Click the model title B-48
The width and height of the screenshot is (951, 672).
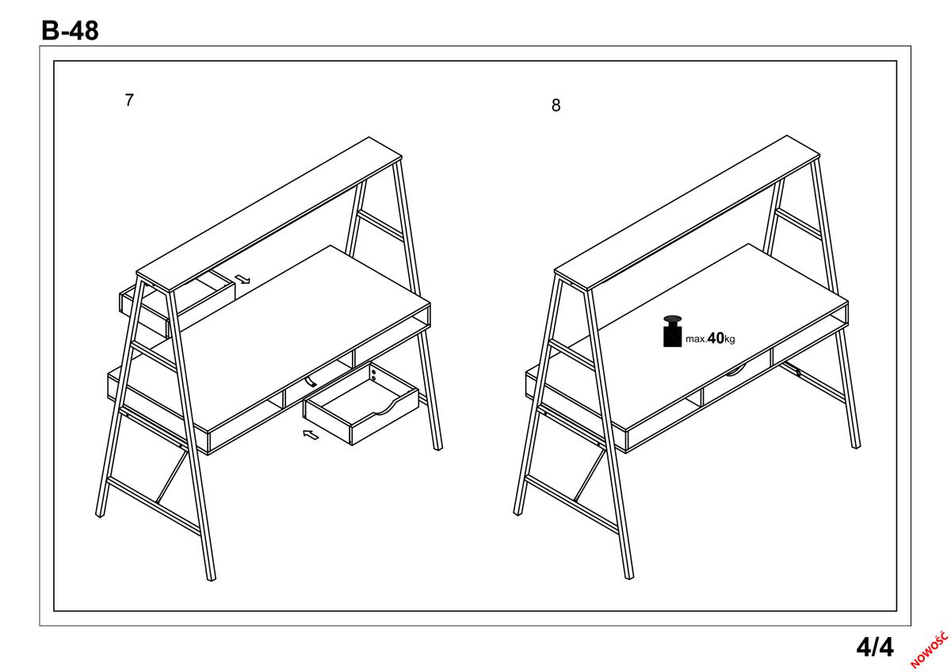[70, 31]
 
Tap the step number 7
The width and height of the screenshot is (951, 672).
[129, 100]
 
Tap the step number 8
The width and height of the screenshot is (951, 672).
[556, 105]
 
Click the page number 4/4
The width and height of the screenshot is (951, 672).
[875, 647]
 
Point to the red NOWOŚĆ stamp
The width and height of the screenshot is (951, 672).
[930, 650]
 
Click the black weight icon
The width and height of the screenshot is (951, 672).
[673, 331]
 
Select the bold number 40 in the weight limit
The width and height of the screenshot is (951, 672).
[716, 338]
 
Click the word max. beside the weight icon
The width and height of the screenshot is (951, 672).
[696, 339]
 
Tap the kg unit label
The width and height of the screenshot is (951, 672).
[730, 339]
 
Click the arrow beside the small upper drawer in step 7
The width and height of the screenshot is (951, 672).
[243, 279]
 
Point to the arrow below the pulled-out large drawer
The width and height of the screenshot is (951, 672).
[311, 435]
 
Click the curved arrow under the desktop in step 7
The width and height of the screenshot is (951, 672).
[311, 381]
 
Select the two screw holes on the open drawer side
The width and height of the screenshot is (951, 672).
[373, 375]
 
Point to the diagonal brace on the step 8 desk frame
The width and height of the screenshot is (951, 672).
[590, 475]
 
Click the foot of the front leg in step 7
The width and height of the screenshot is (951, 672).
[211, 578]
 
